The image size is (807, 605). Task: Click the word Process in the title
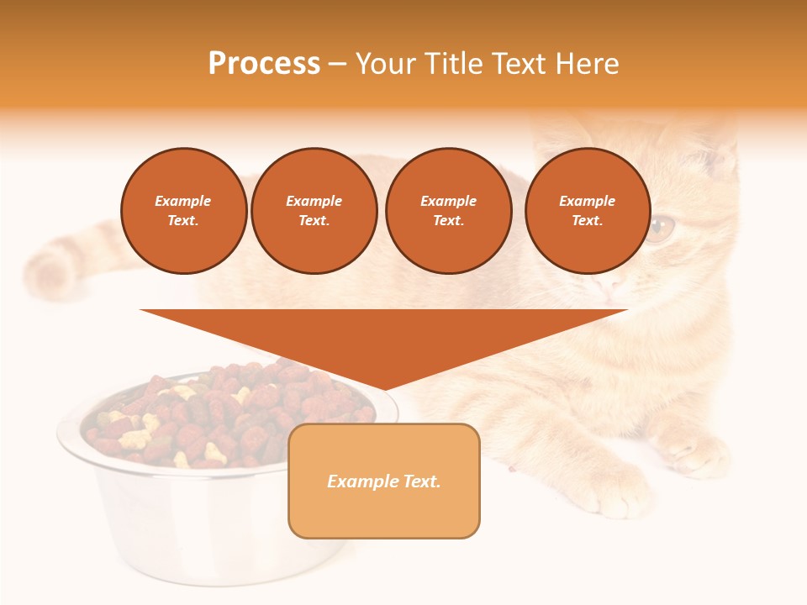pos(264,64)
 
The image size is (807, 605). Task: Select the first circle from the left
pos(184,211)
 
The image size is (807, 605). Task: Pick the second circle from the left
pos(314,211)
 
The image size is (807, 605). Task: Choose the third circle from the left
pos(448,211)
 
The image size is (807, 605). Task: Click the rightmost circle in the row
pos(588,211)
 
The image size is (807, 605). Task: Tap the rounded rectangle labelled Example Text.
pos(384,481)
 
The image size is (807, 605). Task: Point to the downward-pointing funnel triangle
pos(383,340)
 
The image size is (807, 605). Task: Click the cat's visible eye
pos(662,227)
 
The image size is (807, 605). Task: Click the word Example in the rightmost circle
pos(587,201)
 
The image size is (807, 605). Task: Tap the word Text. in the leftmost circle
pos(183,221)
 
